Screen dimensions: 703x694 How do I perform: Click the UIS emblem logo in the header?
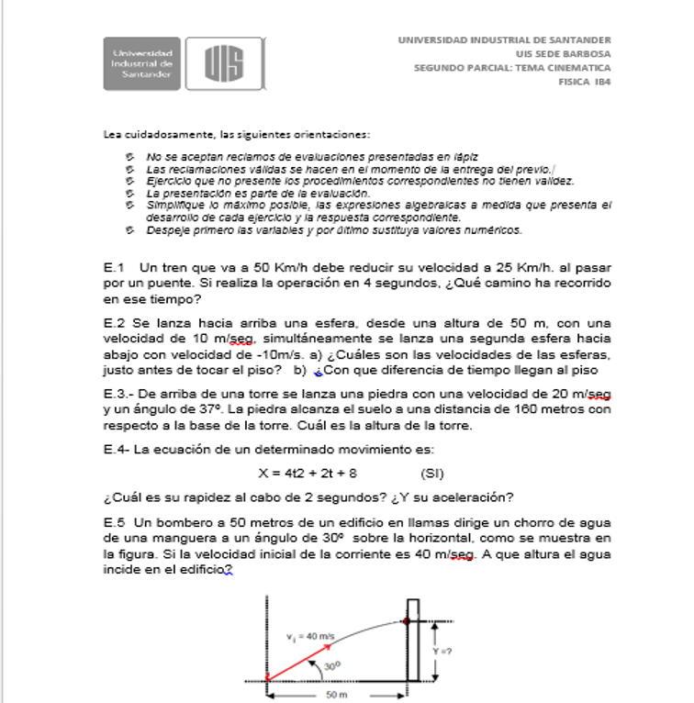click(224, 64)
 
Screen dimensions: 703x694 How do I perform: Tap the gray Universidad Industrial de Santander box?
click(143, 64)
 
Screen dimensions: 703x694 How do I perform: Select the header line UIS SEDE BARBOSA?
click(567, 53)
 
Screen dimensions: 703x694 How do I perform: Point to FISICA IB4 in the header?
click(585, 81)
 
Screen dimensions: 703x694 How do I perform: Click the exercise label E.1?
click(114, 267)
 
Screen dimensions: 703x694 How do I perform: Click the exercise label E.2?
click(114, 323)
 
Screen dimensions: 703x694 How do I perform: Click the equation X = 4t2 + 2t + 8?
click(308, 474)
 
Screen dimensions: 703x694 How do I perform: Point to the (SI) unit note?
click(432, 474)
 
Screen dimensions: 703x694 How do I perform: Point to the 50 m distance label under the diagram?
click(337, 695)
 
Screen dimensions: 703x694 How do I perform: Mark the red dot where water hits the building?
click(407, 621)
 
